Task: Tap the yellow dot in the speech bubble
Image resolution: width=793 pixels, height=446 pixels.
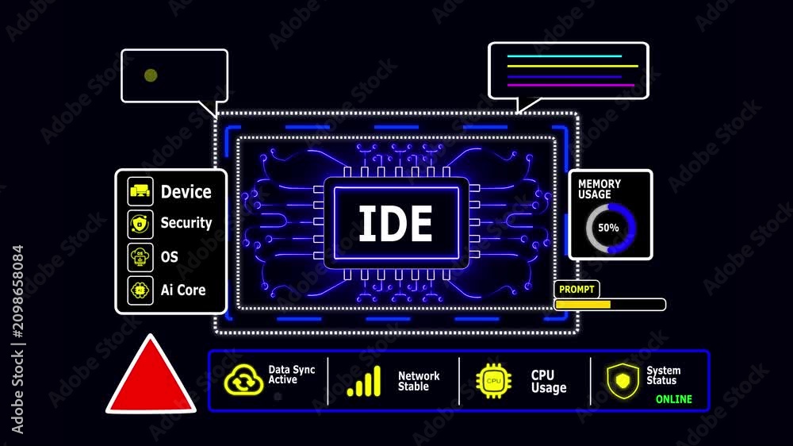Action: pyautogui.click(x=151, y=75)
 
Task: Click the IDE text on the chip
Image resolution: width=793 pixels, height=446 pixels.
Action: pyautogui.click(x=396, y=223)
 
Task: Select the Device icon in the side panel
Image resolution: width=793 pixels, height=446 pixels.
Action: pyautogui.click(x=140, y=191)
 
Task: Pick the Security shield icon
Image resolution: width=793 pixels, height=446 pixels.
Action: pyautogui.click(x=140, y=224)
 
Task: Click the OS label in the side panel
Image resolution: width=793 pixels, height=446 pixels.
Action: pyautogui.click(x=170, y=257)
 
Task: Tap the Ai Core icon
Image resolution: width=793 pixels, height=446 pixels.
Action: pyautogui.click(x=140, y=290)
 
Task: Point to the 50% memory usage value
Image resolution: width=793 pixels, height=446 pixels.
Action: pyautogui.click(x=608, y=228)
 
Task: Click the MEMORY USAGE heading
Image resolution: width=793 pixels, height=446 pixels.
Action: pyautogui.click(x=600, y=189)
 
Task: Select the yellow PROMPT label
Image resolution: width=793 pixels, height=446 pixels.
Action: pyautogui.click(x=577, y=289)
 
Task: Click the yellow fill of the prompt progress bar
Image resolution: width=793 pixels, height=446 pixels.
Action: pyautogui.click(x=583, y=304)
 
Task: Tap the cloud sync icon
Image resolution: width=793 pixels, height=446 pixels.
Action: pyautogui.click(x=243, y=380)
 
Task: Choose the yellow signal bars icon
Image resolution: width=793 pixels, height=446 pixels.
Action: pyautogui.click(x=364, y=381)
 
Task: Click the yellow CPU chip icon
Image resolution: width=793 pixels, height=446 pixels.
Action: pyautogui.click(x=493, y=381)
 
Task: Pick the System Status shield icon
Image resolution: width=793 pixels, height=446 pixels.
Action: pyautogui.click(x=623, y=381)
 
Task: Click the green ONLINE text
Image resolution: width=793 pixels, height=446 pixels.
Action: pyautogui.click(x=673, y=399)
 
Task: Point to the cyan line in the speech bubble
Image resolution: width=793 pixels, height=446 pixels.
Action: pyautogui.click(x=565, y=56)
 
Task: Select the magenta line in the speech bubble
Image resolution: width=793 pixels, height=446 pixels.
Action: pyautogui.click(x=571, y=85)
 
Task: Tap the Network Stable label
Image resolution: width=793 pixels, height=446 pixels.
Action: pyautogui.click(x=419, y=381)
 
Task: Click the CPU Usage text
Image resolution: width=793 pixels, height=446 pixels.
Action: pyautogui.click(x=549, y=382)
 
